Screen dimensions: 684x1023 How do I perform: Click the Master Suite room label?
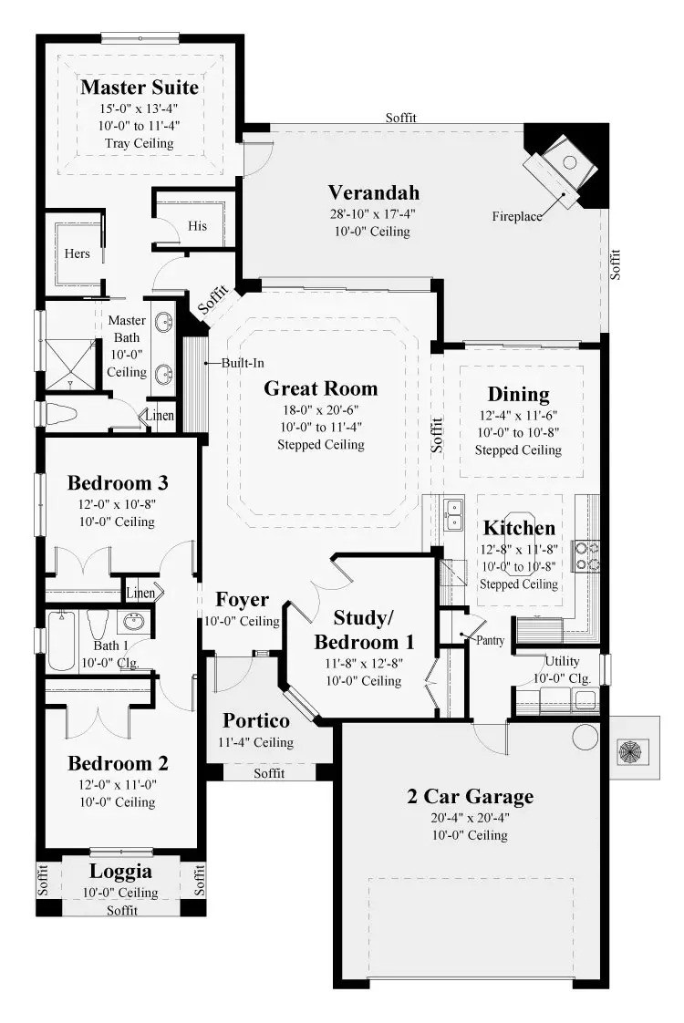coord(140,88)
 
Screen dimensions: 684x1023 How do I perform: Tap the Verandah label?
coord(373,192)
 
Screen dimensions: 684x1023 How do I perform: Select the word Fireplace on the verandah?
coord(517,217)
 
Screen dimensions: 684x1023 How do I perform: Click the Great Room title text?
coord(320,388)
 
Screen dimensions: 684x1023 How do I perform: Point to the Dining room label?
coord(518,395)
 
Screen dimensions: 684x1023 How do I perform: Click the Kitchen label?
coord(519,528)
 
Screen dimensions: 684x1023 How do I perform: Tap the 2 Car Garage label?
coord(470,797)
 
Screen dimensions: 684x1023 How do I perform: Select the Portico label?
coord(256,720)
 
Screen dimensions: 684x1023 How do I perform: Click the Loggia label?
coord(120,872)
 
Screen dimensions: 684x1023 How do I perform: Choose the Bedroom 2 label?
coord(119,763)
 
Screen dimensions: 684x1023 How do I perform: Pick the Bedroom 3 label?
coord(119,483)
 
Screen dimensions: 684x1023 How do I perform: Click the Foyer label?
coord(243,600)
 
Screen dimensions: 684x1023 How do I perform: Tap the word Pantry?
coord(490,641)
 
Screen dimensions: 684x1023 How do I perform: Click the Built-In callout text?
coord(243,364)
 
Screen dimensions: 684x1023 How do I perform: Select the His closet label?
coord(197,226)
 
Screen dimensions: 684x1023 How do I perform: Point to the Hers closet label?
coord(77,253)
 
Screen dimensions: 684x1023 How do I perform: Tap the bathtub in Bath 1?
coord(61,640)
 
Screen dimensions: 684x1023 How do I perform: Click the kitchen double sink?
coord(452,515)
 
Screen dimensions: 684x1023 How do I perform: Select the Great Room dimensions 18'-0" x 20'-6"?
coord(320,409)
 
